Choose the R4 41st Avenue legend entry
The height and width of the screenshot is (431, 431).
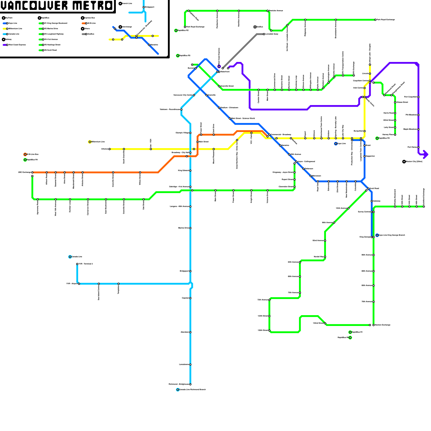point(51,40)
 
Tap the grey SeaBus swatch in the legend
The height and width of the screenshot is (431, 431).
point(84,34)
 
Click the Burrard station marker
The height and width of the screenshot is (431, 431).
point(196,68)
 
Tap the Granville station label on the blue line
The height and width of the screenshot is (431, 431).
point(212,95)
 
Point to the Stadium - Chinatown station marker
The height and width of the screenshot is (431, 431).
point(219,108)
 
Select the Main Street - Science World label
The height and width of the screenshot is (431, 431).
point(243,119)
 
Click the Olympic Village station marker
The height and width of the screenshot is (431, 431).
point(190,133)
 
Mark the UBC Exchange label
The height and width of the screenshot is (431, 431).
point(25,172)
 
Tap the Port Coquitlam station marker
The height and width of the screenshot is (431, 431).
point(418,97)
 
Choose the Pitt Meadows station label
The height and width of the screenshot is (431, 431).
point(411,115)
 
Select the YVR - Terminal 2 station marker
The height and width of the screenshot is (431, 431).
point(77,264)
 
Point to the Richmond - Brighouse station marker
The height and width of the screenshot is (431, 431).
point(190,384)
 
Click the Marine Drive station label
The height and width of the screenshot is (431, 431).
point(184,228)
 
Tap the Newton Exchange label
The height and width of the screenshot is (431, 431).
point(383,325)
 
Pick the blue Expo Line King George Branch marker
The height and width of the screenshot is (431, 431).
point(377,235)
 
